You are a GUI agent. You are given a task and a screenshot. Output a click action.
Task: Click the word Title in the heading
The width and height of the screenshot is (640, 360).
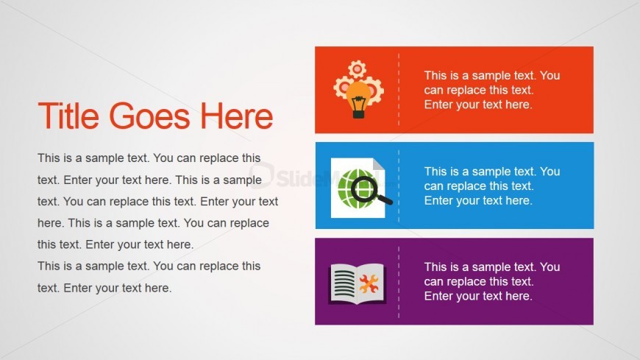point(68,116)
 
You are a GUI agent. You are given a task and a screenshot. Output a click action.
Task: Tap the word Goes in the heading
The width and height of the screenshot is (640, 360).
point(149,116)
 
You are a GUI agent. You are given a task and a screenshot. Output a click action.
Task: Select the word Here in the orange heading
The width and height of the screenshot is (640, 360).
point(236,116)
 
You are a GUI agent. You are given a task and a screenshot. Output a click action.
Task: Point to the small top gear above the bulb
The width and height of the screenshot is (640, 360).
point(357,69)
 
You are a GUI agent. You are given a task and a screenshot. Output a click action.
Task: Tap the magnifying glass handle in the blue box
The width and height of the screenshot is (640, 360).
point(384,199)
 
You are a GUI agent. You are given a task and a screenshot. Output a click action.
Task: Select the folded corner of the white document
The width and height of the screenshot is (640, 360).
point(379,165)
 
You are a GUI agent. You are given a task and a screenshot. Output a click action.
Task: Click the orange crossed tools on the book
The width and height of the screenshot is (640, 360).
point(369,283)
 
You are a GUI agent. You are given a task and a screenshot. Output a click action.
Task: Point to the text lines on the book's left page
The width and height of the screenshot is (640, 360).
point(344,283)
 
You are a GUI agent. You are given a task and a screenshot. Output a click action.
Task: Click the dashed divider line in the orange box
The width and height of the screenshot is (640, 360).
point(399,90)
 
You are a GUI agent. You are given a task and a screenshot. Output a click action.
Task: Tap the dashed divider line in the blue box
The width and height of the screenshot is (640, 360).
point(399,186)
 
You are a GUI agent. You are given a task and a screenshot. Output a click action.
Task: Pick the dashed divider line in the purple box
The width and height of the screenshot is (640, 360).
point(399,281)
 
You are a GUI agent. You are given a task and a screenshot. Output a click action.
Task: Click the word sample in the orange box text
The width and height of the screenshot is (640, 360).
point(491,76)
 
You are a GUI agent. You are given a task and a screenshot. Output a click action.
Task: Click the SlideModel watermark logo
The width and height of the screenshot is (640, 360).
point(314,177)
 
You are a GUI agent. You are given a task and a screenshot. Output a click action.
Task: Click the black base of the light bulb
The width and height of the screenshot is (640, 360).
point(358,113)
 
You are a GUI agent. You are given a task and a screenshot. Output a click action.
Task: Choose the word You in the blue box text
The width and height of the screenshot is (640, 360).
point(550,172)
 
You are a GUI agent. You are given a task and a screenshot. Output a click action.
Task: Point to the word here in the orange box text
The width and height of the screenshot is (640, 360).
point(519,105)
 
